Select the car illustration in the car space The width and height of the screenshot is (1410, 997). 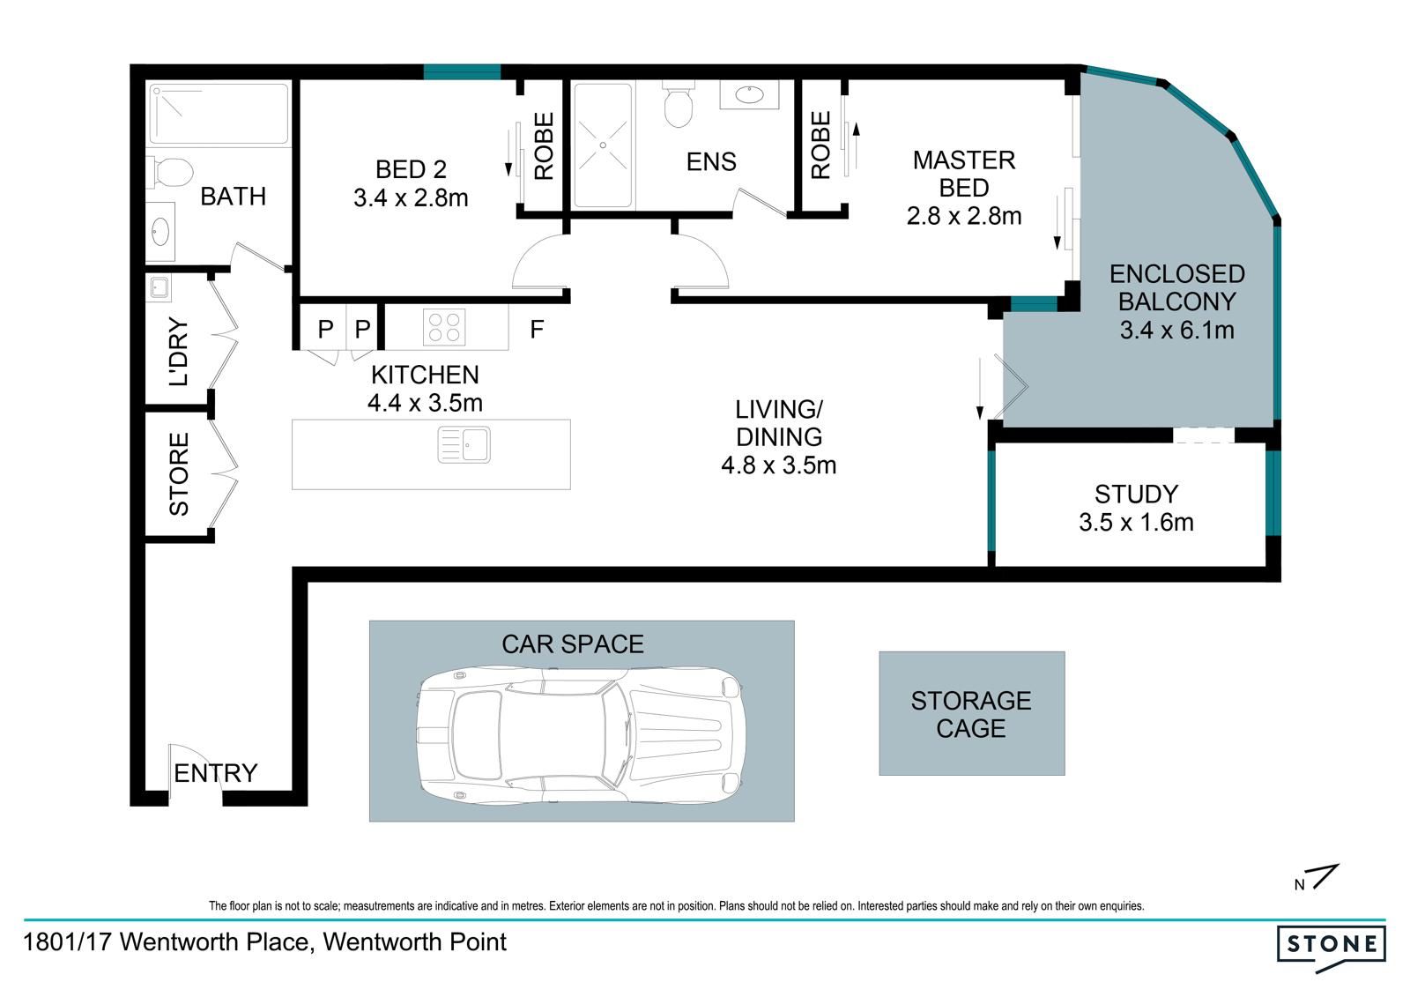(x=581, y=735)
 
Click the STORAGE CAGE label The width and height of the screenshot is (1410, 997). (x=970, y=714)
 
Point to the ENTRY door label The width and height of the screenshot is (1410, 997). (x=215, y=773)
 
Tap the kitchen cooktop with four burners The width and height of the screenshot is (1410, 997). (x=444, y=327)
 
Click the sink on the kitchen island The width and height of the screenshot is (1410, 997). (x=464, y=444)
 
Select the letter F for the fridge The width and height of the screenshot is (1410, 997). (x=537, y=329)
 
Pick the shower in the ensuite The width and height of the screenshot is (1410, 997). (x=603, y=145)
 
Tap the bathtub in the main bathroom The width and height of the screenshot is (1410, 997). (x=219, y=114)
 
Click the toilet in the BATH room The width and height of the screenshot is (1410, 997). (x=170, y=172)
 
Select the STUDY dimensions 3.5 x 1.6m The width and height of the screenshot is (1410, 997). (x=1136, y=522)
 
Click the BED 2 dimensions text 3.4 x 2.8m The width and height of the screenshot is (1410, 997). (x=411, y=197)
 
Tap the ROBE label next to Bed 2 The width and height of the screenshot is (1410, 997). (x=543, y=146)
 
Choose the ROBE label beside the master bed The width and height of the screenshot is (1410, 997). (x=820, y=145)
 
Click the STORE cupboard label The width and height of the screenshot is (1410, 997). (x=179, y=474)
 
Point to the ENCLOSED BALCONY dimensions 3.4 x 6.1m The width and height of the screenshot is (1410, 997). (x=1176, y=330)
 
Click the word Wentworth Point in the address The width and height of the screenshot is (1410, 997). (x=414, y=942)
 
